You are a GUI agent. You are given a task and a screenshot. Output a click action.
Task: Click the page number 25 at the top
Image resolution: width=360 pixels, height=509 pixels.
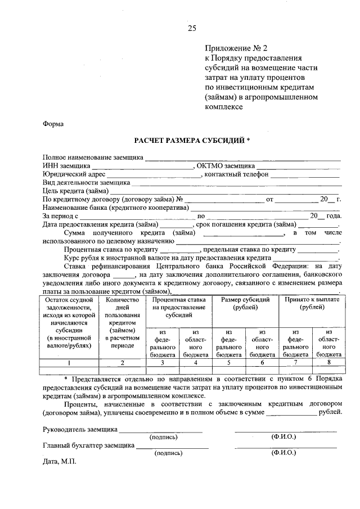coord(192,28)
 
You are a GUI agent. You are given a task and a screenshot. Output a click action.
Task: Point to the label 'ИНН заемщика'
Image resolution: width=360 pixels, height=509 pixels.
coord(66,166)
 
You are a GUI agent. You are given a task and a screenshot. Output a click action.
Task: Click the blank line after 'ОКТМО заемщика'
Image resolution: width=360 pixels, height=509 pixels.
coord(299,166)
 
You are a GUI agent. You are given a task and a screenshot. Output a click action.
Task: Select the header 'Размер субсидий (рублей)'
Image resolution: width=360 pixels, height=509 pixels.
coord(245,304)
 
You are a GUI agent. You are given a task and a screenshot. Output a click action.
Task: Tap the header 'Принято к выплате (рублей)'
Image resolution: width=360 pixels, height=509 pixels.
coord(312,304)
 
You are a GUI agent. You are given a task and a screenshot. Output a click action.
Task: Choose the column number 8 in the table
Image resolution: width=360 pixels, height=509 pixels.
coord(328,363)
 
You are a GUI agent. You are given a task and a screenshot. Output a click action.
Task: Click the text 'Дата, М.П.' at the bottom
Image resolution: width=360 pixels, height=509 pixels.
coord(59,462)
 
